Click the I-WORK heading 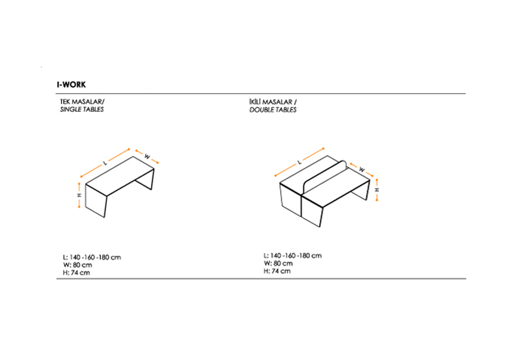tap(71, 85)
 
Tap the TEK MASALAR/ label tap(82, 102)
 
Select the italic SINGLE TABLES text tap(82, 109)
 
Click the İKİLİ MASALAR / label tap(273, 102)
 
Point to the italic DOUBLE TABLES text tap(273, 109)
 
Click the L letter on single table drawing tap(106, 163)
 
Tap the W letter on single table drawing tap(147, 156)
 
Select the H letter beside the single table tap(79, 195)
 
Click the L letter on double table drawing tap(300, 162)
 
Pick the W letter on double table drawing tap(362, 170)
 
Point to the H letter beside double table tap(377, 189)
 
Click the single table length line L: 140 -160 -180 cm tap(92, 257)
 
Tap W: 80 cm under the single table tap(77, 265)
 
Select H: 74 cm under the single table tap(76, 273)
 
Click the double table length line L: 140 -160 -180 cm tap(292, 256)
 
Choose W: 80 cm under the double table tap(279, 264)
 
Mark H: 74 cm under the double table tap(277, 271)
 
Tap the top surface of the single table tap(120, 176)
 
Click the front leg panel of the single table tap(96, 201)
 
